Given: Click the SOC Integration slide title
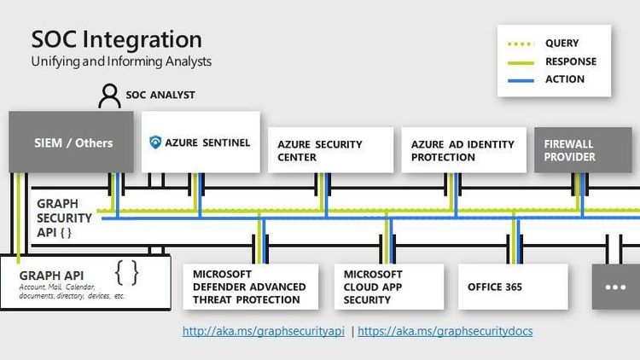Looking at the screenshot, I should click(116, 39).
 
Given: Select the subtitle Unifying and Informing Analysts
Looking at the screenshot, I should click(121, 61).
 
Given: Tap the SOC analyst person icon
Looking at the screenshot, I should click(109, 96).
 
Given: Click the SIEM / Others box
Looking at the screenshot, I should click(73, 142).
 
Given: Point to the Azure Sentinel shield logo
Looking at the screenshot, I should click(155, 142).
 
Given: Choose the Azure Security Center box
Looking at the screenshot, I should click(330, 151).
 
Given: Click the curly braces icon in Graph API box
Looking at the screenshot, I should click(127, 272).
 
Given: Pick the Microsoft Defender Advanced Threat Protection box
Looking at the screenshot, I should click(250, 287).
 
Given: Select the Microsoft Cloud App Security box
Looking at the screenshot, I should click(388, 287).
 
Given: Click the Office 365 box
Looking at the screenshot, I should click(512, 287).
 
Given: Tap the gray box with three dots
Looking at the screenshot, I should click(615, 287).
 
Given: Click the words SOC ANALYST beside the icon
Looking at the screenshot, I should click(160, 96).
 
